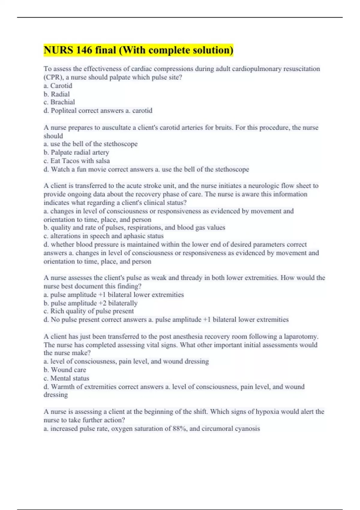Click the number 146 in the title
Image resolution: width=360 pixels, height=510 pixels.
(84, 50)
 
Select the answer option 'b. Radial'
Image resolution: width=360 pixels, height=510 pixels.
(56, 94)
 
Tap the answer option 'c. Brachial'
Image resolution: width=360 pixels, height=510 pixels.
(59, 102)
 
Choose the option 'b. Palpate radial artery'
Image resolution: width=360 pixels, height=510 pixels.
(76, 152)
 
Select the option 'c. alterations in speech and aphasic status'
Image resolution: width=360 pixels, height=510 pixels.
(103, 236)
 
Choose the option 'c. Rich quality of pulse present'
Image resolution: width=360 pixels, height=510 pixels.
(88, 311)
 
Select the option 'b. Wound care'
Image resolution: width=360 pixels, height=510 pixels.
(65, 370)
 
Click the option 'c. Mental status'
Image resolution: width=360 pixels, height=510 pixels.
(66, 378)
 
